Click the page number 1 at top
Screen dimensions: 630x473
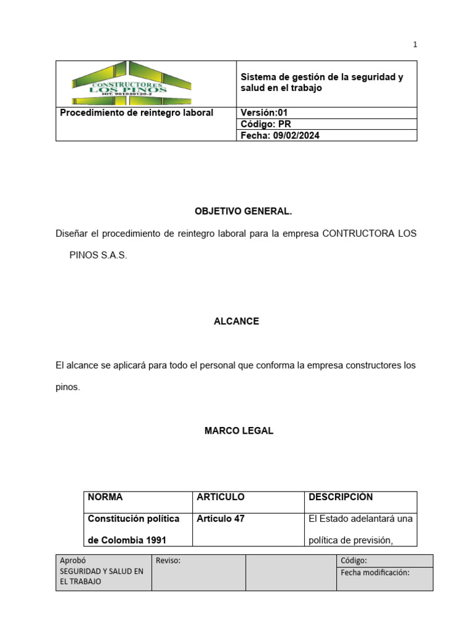point(415,44)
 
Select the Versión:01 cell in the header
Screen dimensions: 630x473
point(264,113)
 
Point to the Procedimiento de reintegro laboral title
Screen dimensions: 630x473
point(136,113)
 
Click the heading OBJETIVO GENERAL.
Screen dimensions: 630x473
point(243,211)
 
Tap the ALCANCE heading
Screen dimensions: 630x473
point(236,321)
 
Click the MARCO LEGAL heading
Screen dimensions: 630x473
point(239,431)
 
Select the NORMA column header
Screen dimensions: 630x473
point(105,497)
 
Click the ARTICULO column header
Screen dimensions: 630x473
point(220,497)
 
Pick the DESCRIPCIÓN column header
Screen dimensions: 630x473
point(341,497)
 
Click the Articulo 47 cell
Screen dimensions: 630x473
point(220,519)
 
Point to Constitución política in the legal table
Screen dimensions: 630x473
point(134,519)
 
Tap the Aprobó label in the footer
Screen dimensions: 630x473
point(72,560)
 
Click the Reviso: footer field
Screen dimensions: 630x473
point(168,560)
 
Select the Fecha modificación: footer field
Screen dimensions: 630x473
point(374,572)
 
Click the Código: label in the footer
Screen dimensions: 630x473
point(354,560)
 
